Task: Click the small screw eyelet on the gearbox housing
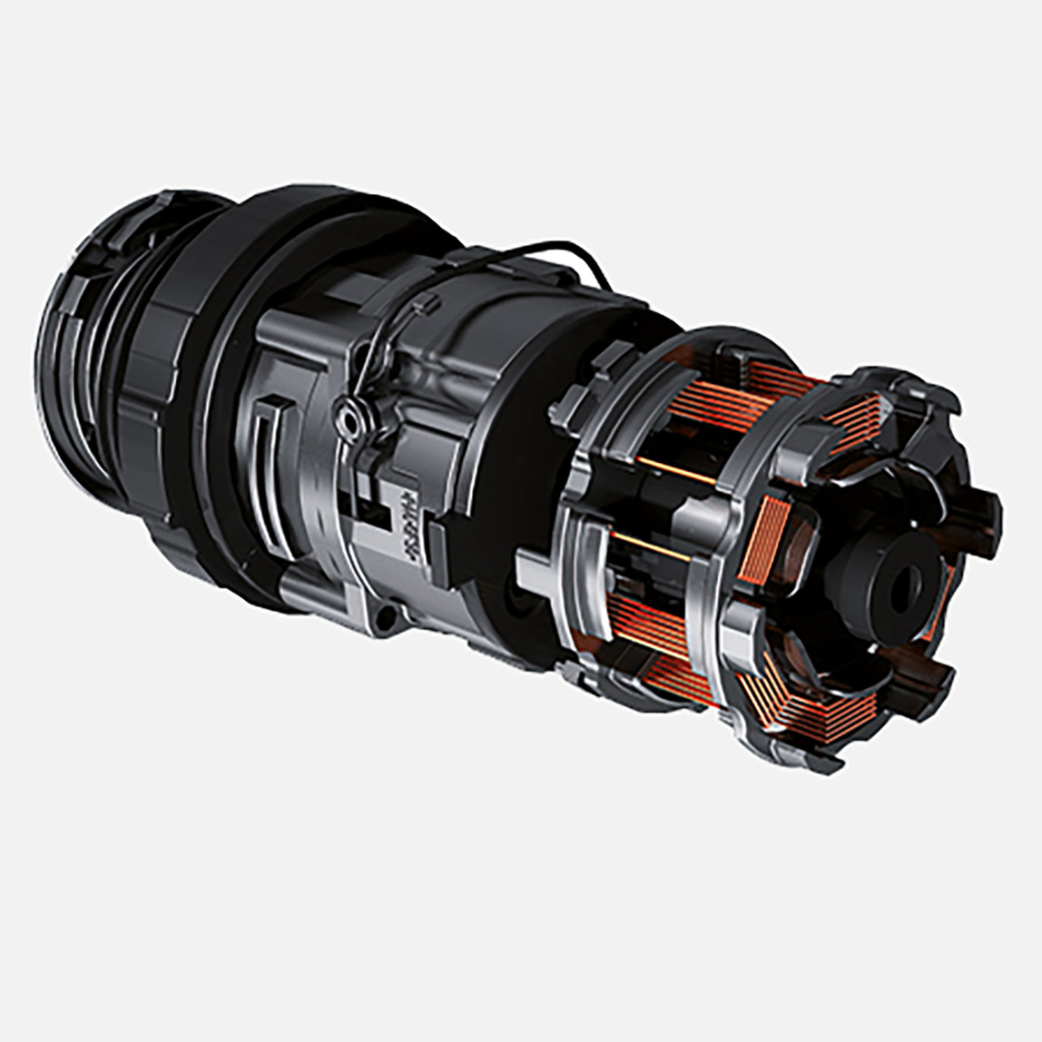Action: (344, 418)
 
